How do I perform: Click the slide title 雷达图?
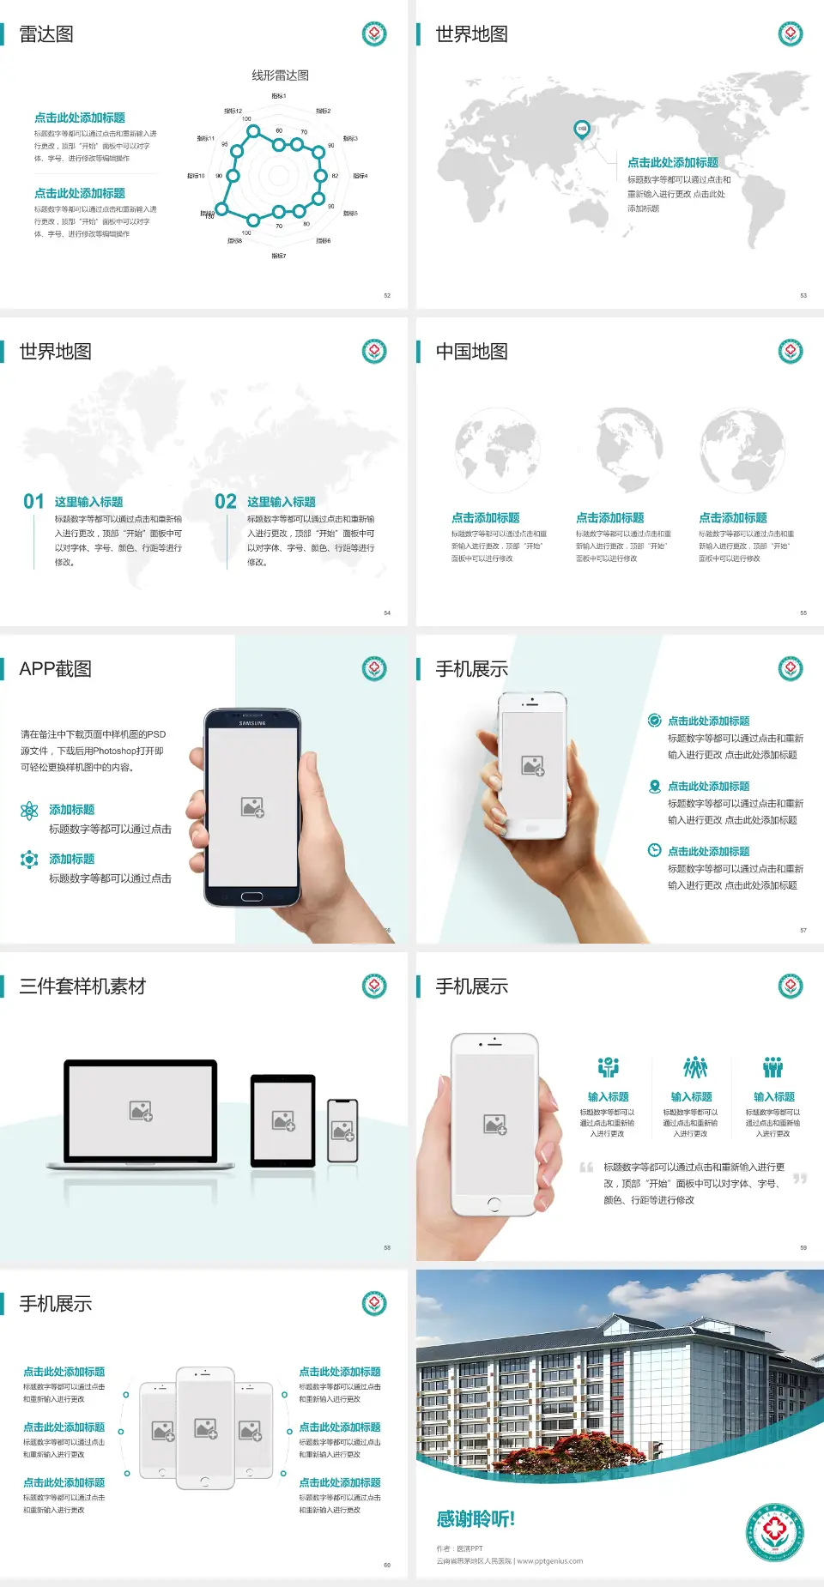point(46,34)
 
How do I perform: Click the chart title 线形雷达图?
point(280,75)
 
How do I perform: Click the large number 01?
point(33,501)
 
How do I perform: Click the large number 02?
point(226,501)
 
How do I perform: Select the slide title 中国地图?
point(471,352)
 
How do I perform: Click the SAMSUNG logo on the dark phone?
point(252,723)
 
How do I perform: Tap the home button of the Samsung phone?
point(251,896)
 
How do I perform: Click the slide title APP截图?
point(55,669)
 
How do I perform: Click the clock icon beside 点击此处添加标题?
point(654,850)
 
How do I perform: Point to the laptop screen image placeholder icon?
point(141,1111)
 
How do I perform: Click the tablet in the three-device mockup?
point(283,1119)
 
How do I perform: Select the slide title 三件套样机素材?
point(82,987)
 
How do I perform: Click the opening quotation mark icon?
point(586,1168)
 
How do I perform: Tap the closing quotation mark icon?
point(800,1179)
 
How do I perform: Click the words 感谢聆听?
point(476,1519)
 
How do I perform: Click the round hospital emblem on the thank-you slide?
point(774,1532)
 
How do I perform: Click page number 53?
point(803,295)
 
